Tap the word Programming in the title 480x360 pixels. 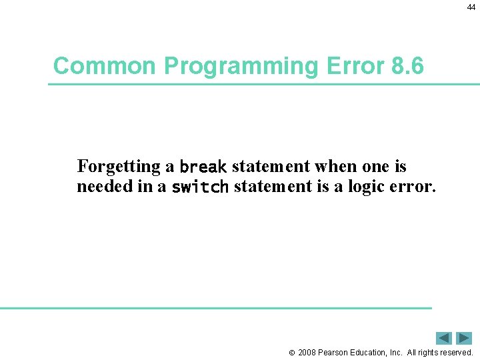tap(241, 67)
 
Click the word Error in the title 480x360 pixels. tap(353, 66)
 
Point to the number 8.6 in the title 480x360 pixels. tap(405, 66)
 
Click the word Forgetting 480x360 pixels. tap(119, 166)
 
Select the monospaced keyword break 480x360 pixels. tap(203, 167)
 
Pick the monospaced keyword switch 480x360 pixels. tap(200, 187)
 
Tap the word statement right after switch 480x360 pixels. tap(273, 187)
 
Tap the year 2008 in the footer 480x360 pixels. tap(307, 353)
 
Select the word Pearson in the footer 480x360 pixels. tap(335, 353)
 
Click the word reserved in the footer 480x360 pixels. tap(455, 353)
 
